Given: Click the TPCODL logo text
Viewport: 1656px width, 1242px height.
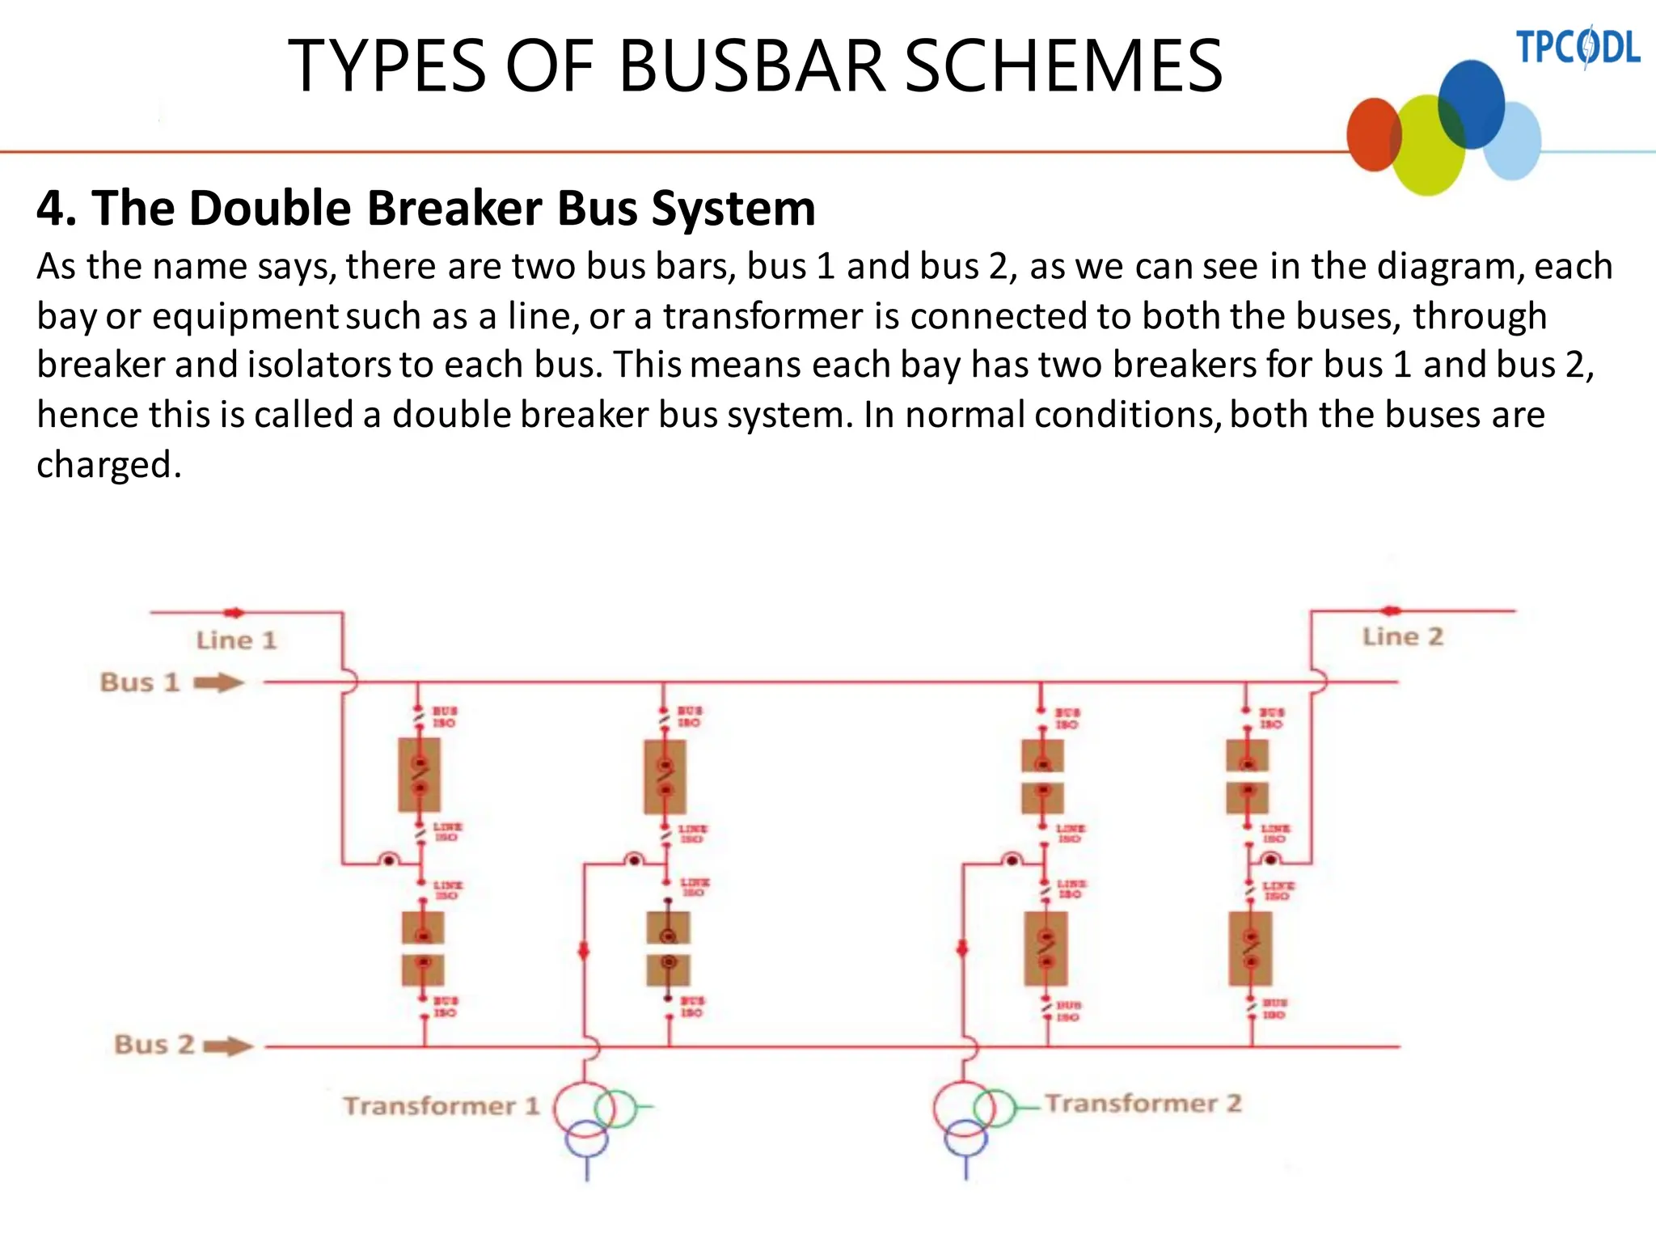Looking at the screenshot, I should [1577, 47].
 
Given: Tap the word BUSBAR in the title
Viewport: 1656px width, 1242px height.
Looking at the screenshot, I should [751, 66].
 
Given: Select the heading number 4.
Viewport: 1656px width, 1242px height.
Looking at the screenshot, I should [55, 209].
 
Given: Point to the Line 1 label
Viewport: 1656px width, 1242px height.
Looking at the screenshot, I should [236, 640].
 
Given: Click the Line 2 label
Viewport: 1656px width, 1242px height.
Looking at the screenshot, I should [1402, 636].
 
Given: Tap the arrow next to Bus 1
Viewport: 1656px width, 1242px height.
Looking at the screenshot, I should [218, 683].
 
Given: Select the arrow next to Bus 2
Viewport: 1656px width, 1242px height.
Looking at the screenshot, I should [228, 1047].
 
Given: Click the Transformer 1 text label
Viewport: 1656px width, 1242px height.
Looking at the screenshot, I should [441, 1106].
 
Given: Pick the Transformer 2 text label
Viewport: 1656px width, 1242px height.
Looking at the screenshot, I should [1143, 1104].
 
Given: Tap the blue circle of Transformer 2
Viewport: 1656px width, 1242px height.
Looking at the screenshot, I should [965, 1138].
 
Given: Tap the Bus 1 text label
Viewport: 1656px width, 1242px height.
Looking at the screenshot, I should [139, 682].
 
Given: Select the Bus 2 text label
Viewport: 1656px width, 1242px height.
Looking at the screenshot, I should [154, 1045].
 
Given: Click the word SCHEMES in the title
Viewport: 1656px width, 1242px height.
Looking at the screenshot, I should [1062, 66].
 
